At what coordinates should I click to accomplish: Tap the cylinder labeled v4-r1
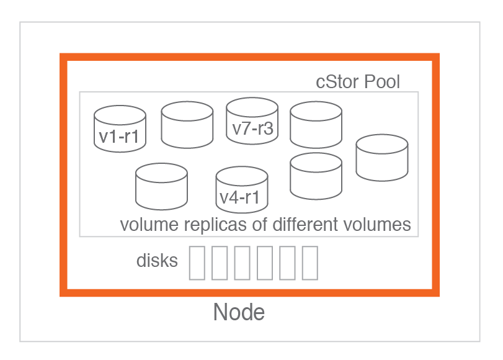242,190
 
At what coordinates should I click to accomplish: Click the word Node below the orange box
239,312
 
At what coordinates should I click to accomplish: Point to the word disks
157,261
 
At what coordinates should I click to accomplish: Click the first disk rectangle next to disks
197,263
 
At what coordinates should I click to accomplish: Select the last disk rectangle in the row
310,263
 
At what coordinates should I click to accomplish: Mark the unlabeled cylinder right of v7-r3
316,124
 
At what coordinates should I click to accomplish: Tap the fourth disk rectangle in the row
265,263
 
